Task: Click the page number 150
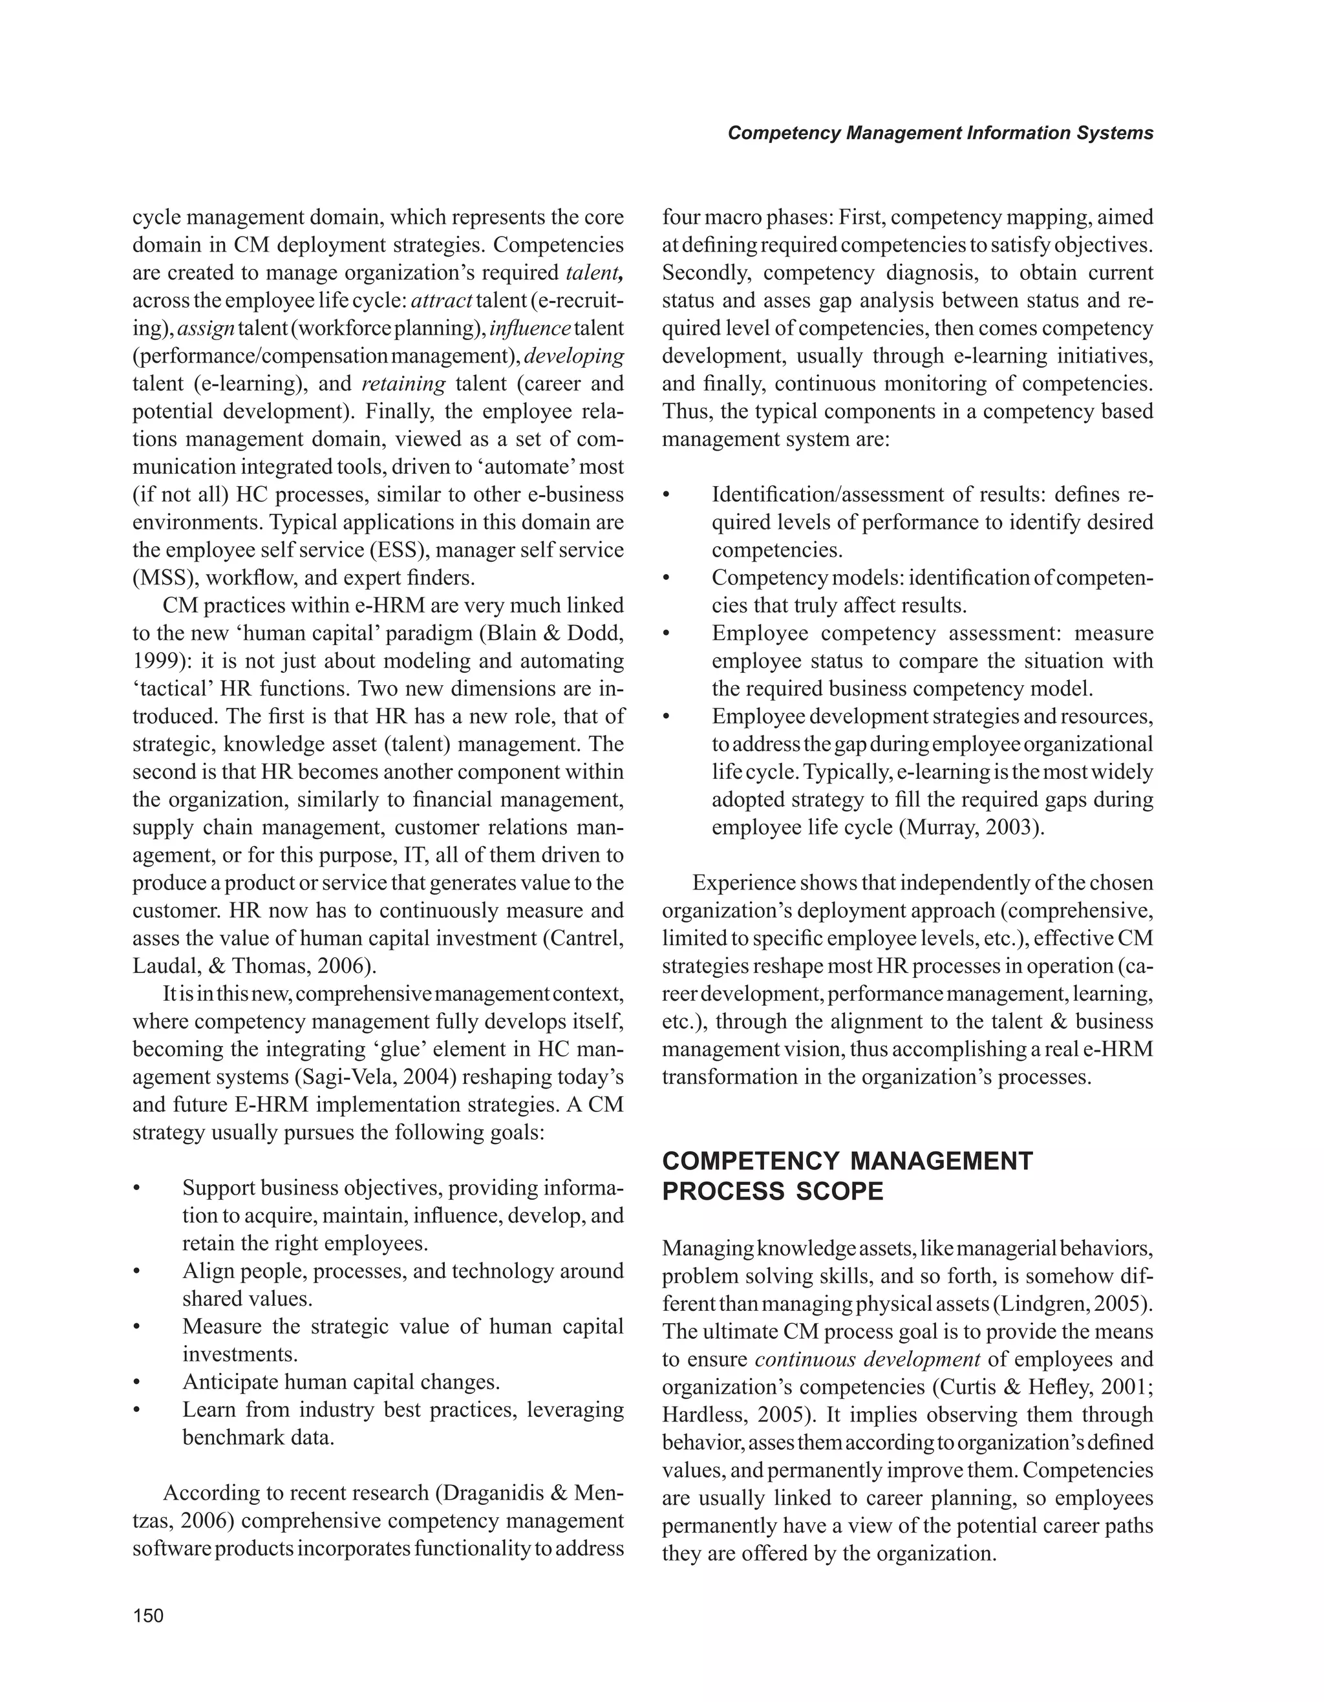tap(148, 1615)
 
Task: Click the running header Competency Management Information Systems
tap(940, 133)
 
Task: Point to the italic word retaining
tap(403, 384)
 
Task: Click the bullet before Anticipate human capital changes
tap(136, 1383)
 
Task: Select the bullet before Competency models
tap(667, 579)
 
